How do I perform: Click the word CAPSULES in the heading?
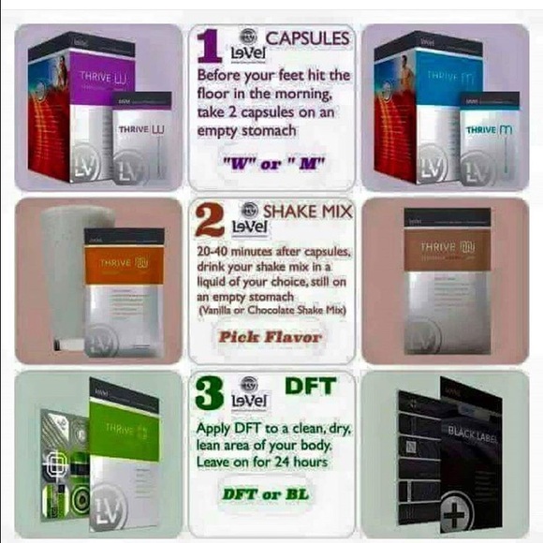pos(307,38)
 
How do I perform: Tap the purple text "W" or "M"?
pos(271,163)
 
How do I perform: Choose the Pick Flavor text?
pos(271,335)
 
